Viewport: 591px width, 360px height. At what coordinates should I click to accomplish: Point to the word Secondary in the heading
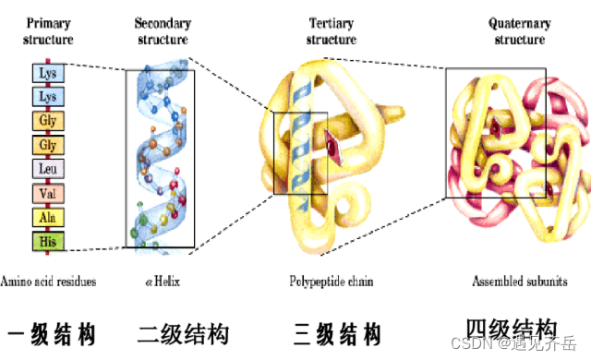pos(163,22)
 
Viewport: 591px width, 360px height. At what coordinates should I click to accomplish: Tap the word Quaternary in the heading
pos(518,23)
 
